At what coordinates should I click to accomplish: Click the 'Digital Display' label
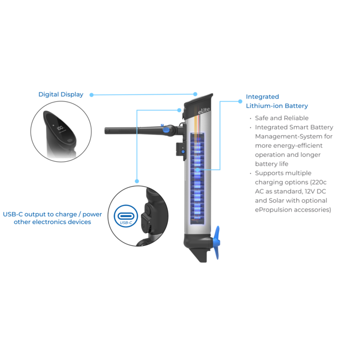pyautogui.click(x=61, y=94)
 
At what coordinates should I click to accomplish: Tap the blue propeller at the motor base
pyautogui.click(x=217, y=243)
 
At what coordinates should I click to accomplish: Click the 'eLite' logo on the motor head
pyautogui.click(x=204, y=111)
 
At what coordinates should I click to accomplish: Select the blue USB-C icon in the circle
pyautogui.click(x=126, y=216)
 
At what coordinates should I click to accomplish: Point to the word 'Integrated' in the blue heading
pyautogui.click(x=263, y=97)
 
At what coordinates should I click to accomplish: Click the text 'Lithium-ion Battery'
pyautogui.click(x=277, y=106)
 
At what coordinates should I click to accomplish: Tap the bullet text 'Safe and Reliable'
pyautogui.click(x=282, y=118)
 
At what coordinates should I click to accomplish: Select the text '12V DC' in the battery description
pyautogui.click(x=315, y=191)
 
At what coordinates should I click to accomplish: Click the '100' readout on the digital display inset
pyautogui.click(x=60, y=127)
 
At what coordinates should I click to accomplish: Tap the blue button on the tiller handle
pyautogui.click(x=166, y=130)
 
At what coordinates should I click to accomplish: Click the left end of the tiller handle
pyautogui.click(x=105, y=131)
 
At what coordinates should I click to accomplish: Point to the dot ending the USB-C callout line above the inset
pyautogui.click(x=137, y=181)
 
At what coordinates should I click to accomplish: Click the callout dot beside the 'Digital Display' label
pyautogui.click(x=91, y=95)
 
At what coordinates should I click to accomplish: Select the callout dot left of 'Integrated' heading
pyautogui.click(x=240, y=101)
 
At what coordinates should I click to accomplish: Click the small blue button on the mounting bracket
pyautogui.click(x=183, y=152)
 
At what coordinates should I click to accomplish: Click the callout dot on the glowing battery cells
pyautogui.click(x=198, y=170)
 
